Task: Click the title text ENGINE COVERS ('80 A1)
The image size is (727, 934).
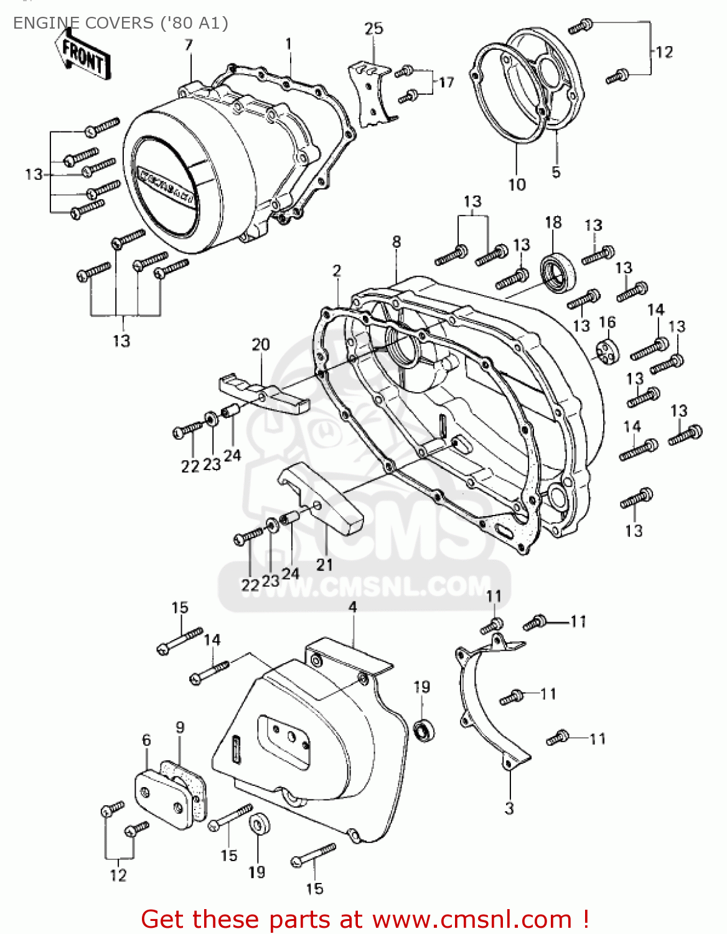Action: tap(120, 23)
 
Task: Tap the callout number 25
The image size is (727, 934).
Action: tap(373, 29)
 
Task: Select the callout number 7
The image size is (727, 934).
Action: tap(189, 45)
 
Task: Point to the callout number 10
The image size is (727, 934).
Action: tap(517, 185)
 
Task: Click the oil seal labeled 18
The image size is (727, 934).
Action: tap(557, 272)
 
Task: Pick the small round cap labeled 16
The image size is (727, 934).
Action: tap(607, 352)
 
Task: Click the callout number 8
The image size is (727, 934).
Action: tap(396, 242)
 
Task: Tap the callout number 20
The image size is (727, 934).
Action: tap(261, 345)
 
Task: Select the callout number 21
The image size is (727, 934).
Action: tap(324, 565)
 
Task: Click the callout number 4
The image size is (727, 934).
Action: tap(352, 607)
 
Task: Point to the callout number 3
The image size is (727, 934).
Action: tap(509, 809)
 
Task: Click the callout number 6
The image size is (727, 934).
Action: tap(146, 740)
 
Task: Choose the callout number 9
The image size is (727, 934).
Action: tap(180, 727)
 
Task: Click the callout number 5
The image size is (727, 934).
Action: tap(556, 172)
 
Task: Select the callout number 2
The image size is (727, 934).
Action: tap(337, 271)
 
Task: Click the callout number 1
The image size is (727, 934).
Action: tap(289, 45)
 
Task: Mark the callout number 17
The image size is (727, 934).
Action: tap(446, 83)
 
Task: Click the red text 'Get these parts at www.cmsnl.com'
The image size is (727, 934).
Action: tap(365, 919)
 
